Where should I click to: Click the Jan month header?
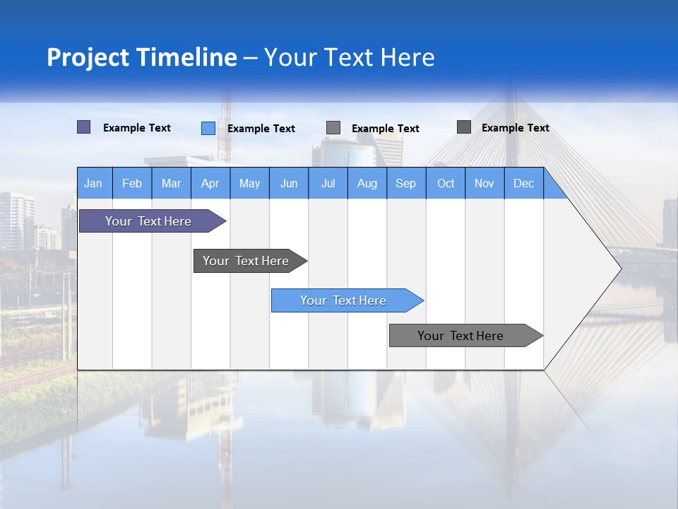tap(94, 183)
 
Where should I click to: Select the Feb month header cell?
tap(132, 183)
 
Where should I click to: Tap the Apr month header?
tap(210, 183)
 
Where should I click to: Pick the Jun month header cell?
tap(288, 183)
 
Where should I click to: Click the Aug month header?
tap(367, 183)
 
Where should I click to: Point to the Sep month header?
tap(405, 183)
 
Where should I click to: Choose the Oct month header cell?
tap(445, 183)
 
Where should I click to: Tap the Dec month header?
tap(523, 183)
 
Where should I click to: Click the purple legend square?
tap(83, 127)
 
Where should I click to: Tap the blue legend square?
tap(208, 128)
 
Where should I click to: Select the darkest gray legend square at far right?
tap(463, 127)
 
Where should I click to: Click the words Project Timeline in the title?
tap(141, 57)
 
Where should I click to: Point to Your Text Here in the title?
tap(350, 57)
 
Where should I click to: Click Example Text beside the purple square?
tap(136, 128)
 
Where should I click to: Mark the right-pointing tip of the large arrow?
tap(619, 268)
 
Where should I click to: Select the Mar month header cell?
tap(171, 183)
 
